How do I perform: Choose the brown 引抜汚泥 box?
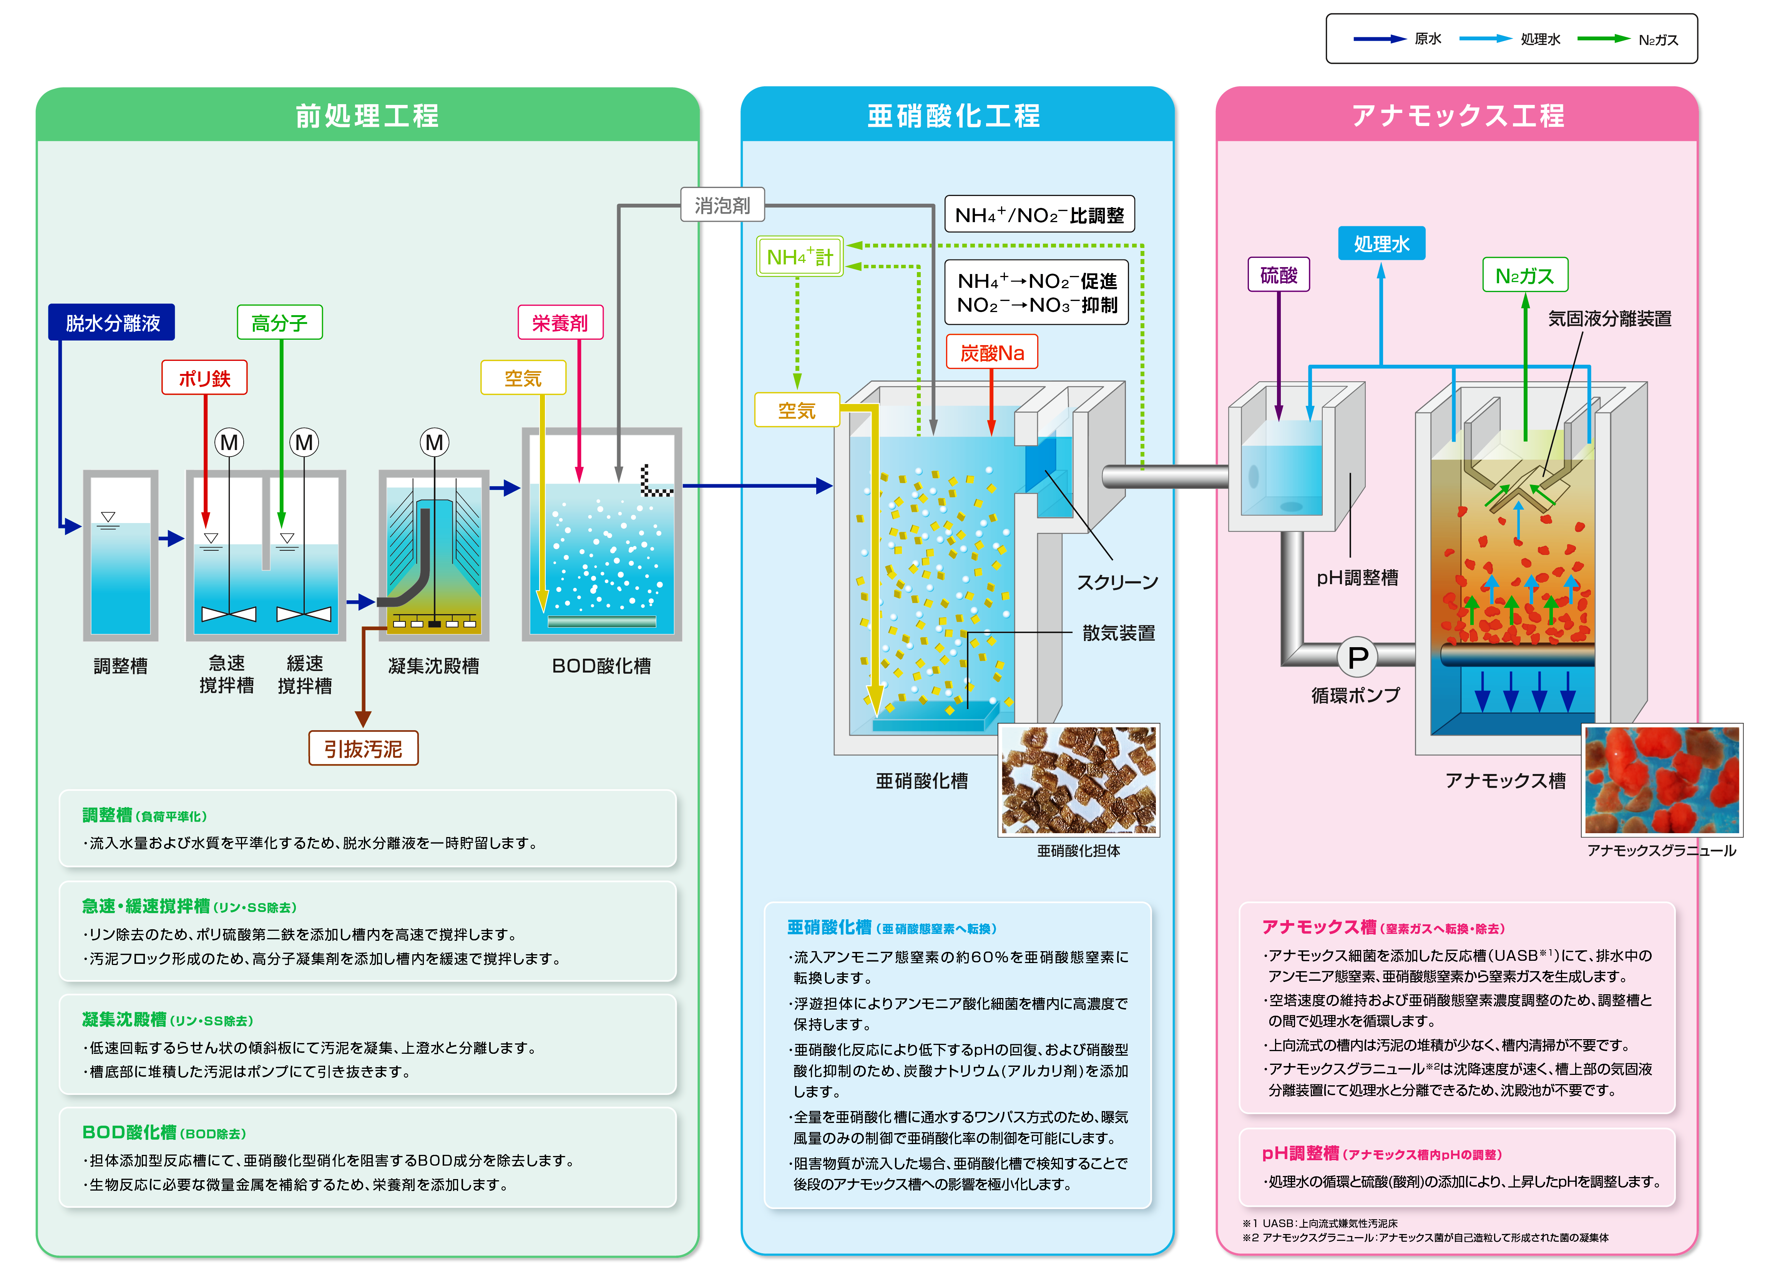(363, 749)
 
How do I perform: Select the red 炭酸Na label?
(991, 353)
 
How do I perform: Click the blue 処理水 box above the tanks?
(1381, 243)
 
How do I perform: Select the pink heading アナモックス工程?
(1457, 116)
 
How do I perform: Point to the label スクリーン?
(1117, 582)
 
